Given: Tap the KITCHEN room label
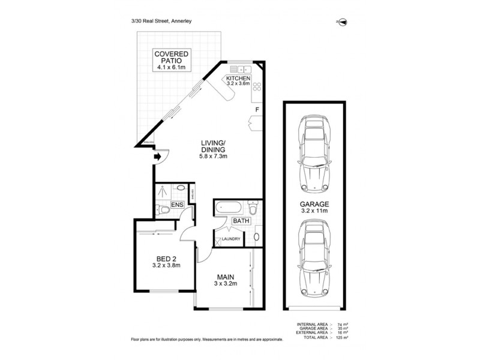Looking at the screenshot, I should point(238,79).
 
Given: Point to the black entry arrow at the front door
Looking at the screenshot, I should point(157,157).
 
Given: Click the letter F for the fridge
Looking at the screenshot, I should point(257,110).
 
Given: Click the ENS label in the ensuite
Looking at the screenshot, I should point(177,205).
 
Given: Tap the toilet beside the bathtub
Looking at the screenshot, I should point(253,210).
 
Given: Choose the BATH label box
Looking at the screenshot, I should point(241,221).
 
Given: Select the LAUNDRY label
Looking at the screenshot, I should point(231,239).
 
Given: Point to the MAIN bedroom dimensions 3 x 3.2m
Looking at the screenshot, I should point(225,284).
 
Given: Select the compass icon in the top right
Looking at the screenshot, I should point(343,22).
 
